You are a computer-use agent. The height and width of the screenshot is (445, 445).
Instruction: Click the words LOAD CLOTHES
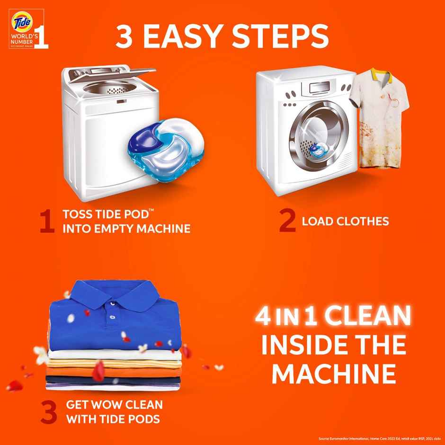point(345,221)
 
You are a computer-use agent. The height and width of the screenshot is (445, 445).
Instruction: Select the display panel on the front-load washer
point(319,88)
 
